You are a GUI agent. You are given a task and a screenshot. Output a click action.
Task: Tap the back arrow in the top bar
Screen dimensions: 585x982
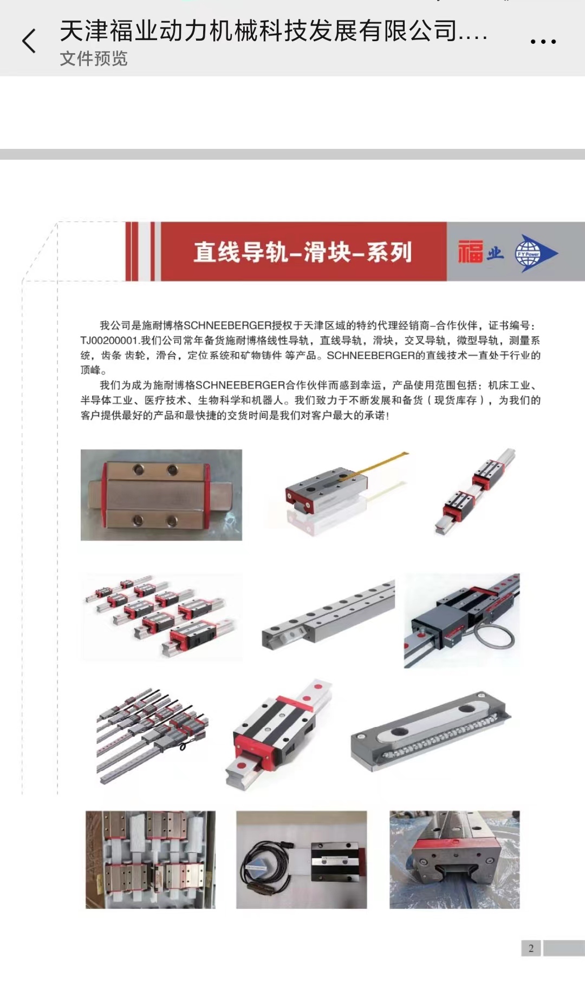[x=29, y=41]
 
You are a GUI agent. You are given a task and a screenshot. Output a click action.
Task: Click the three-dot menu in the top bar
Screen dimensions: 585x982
[x=543, y=42]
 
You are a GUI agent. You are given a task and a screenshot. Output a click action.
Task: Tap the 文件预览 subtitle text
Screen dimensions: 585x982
[x=94, y=58]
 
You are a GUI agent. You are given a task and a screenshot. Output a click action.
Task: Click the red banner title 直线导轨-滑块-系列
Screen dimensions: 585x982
[x=303, y=252]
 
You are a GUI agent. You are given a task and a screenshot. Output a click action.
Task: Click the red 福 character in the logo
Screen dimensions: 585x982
[x=470, y=252]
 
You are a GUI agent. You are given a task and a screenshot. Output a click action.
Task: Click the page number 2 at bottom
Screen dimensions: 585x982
[x=531, y=948]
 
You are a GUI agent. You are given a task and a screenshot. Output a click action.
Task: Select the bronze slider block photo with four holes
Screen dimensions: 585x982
[x=161, y=495]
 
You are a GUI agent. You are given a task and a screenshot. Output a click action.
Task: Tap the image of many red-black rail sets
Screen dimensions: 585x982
[x=160, y=616]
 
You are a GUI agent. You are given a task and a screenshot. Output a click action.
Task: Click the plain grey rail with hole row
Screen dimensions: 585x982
[x=328, y=614]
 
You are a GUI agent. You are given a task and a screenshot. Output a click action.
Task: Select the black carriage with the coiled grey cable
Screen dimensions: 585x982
[x=462, y=620]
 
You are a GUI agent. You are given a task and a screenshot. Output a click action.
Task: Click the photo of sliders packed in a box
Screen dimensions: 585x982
[x=151, y=859]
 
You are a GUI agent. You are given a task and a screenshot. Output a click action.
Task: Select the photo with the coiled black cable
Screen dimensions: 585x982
[x=301, y=859]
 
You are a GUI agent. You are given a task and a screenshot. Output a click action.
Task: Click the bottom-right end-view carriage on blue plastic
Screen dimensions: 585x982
[x=454, y=859]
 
